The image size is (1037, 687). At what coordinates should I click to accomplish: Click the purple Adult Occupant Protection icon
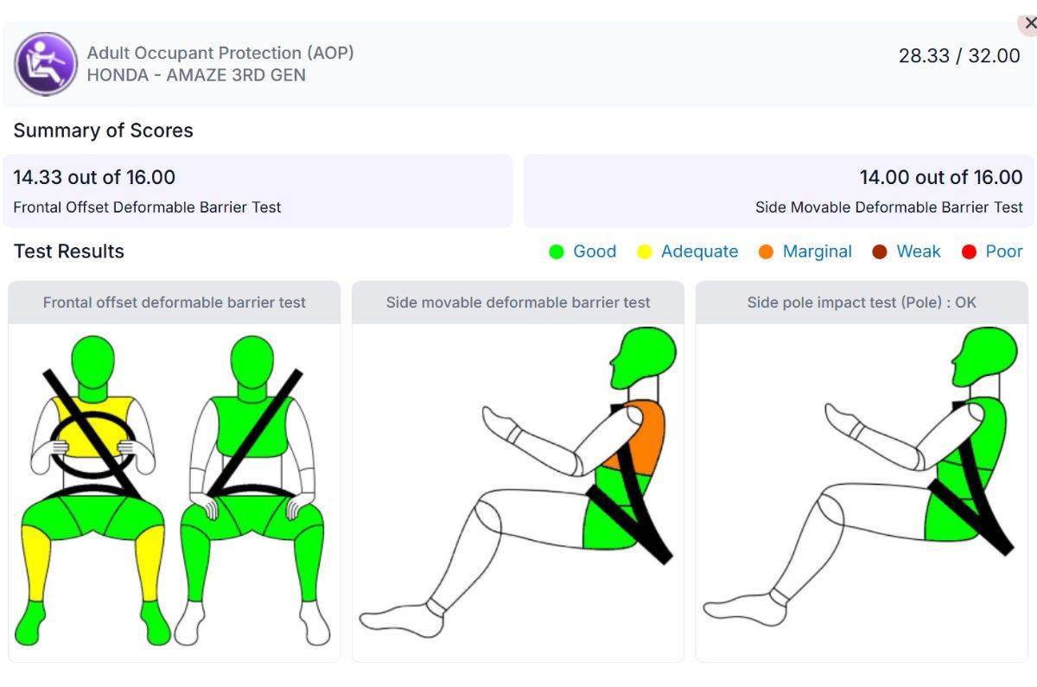coord(45,64)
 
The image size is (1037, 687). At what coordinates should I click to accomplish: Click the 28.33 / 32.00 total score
coord(959,55)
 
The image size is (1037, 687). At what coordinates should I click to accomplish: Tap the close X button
coord(1029,23)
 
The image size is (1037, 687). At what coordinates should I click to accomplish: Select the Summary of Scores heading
coord(103,130)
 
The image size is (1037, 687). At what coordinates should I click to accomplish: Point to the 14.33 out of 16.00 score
coord(94,177)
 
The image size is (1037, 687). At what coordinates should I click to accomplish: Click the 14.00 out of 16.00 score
coord(941,177)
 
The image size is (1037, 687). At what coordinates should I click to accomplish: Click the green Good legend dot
coord(556,251)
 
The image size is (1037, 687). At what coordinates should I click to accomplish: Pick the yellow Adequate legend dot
coord(644,251)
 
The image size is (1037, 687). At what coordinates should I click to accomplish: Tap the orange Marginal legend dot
coord(766,251)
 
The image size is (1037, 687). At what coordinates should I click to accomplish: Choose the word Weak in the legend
coord(919,251)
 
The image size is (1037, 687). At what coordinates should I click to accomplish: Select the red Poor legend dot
coord(969,251)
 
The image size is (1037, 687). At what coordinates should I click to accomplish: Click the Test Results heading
coord(69,251)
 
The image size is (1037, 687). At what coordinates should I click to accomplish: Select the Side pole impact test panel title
coord(862,302)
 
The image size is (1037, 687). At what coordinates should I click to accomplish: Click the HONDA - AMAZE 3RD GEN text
coord(196,75)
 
